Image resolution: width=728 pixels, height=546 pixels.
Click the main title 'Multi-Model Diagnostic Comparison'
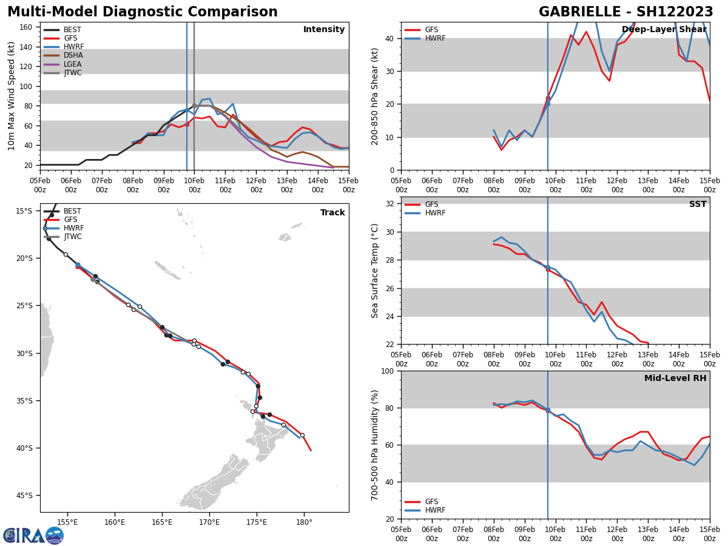[x=143, y=12]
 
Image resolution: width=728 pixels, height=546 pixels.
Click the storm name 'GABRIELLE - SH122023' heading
[x=626, y=12]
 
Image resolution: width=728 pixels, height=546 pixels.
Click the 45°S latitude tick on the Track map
[x=24, y=495]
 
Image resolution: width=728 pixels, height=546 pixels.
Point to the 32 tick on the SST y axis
[x=391, y=204]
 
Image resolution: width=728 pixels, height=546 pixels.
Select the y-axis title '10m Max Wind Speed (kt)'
[x=12, y=96]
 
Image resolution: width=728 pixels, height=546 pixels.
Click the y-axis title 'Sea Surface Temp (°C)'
[x=375, y=271]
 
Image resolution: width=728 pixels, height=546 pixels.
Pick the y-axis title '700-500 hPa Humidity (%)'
[x=375, y=445]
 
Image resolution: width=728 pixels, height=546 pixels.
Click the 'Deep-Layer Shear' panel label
[x=664, y=30]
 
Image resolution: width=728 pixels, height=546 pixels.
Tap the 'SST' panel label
[x=698, y=204]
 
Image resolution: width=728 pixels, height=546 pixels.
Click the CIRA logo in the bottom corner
[x=33, y=535]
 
